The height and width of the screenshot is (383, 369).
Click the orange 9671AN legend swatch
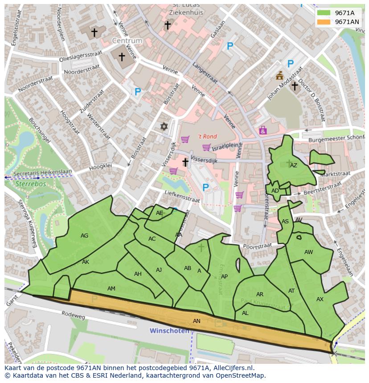(324, 22)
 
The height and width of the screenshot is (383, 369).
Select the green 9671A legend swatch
(324, 13)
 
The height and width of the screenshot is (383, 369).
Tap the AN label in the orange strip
(197, 321)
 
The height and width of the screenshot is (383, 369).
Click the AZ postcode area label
(293, 165)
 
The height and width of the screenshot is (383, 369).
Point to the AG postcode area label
(84, 236)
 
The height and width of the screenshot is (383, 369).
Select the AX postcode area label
(320, 299)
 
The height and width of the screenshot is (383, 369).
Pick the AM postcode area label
(111, 289)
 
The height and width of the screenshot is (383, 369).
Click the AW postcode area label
(308, 252)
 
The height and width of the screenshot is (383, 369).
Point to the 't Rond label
(207, 137)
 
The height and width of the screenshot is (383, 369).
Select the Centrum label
(127, 41)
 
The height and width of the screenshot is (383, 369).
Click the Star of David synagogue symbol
(164, 127)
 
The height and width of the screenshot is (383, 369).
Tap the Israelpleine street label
(227, 146)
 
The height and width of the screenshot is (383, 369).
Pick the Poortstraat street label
(258, 246)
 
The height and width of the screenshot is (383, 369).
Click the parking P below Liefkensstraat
(205, 188)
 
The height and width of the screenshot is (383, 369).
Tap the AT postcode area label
(291, 291)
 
